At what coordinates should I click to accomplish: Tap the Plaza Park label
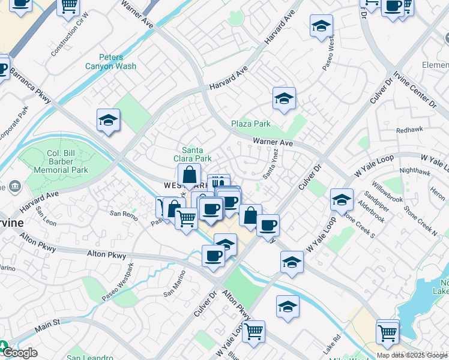(x=251, y=124)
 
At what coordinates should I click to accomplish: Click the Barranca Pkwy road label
(x=29, y=84)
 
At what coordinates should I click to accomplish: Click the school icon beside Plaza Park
(x=284, y=98)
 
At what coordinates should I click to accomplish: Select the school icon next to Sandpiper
(x=342, y=199)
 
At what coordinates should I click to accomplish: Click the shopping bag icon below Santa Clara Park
(x=189, y=175)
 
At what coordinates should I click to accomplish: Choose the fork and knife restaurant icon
(x=218, y=182)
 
